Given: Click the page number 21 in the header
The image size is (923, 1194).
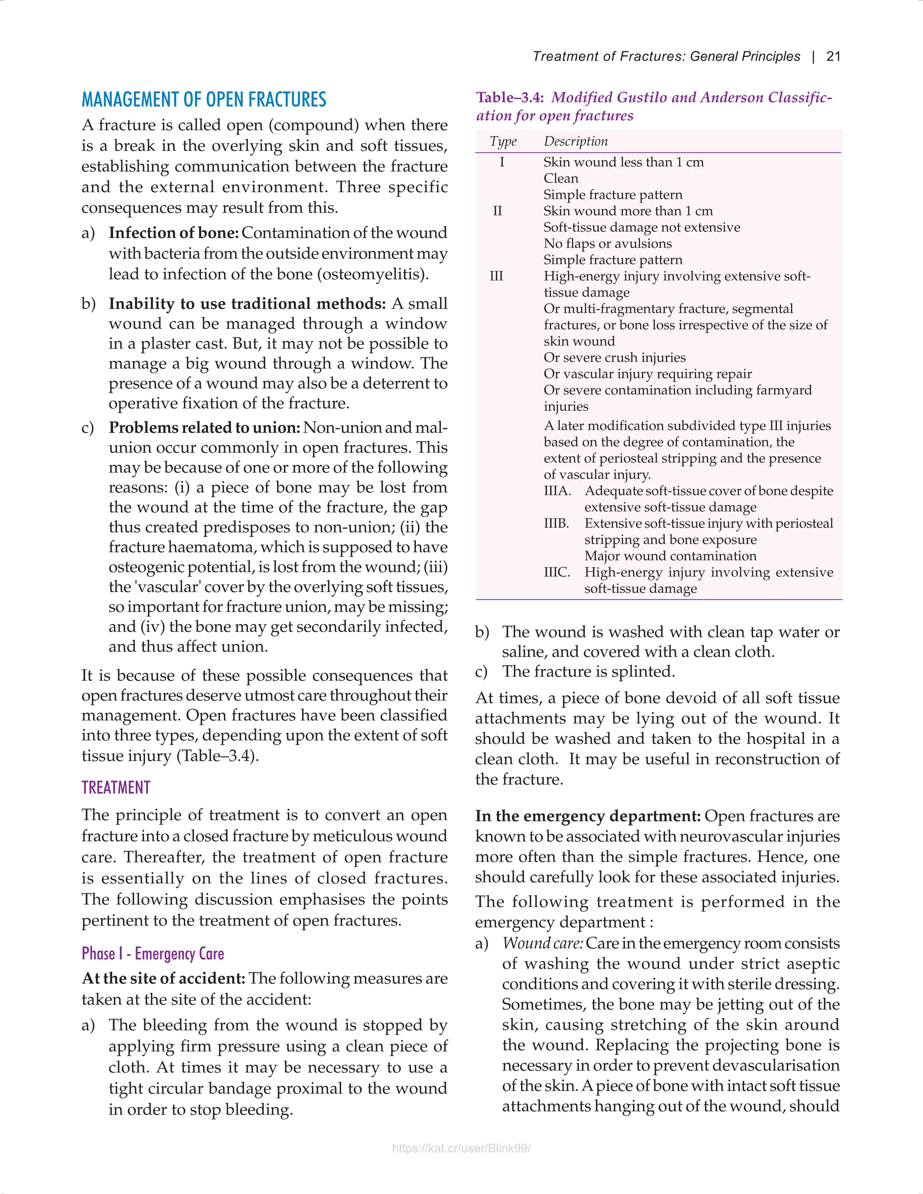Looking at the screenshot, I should click(833, 56).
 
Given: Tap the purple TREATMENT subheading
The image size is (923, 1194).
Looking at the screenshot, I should click(115, 787).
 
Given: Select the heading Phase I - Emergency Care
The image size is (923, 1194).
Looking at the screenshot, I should click(153, 953).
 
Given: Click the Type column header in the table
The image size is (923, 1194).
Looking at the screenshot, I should click(503, 141).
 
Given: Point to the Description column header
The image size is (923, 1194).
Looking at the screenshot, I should click(575, 141).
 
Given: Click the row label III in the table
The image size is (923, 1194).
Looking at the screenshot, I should click(496, 276).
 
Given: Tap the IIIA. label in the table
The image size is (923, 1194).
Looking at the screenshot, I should click(557, 491).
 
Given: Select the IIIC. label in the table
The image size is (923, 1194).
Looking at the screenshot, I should click(557, 572).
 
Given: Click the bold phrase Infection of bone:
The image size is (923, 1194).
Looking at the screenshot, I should click(174, 233).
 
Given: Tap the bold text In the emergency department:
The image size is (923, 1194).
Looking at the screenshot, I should click(587, 816).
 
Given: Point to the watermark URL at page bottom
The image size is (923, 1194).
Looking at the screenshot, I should click(461, 1148).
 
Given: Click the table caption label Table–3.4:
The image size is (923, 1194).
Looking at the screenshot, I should click(510, 98).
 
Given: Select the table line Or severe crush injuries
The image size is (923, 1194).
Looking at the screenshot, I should click(614, 358).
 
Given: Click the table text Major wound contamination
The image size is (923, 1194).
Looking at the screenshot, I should click(670, 556).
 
